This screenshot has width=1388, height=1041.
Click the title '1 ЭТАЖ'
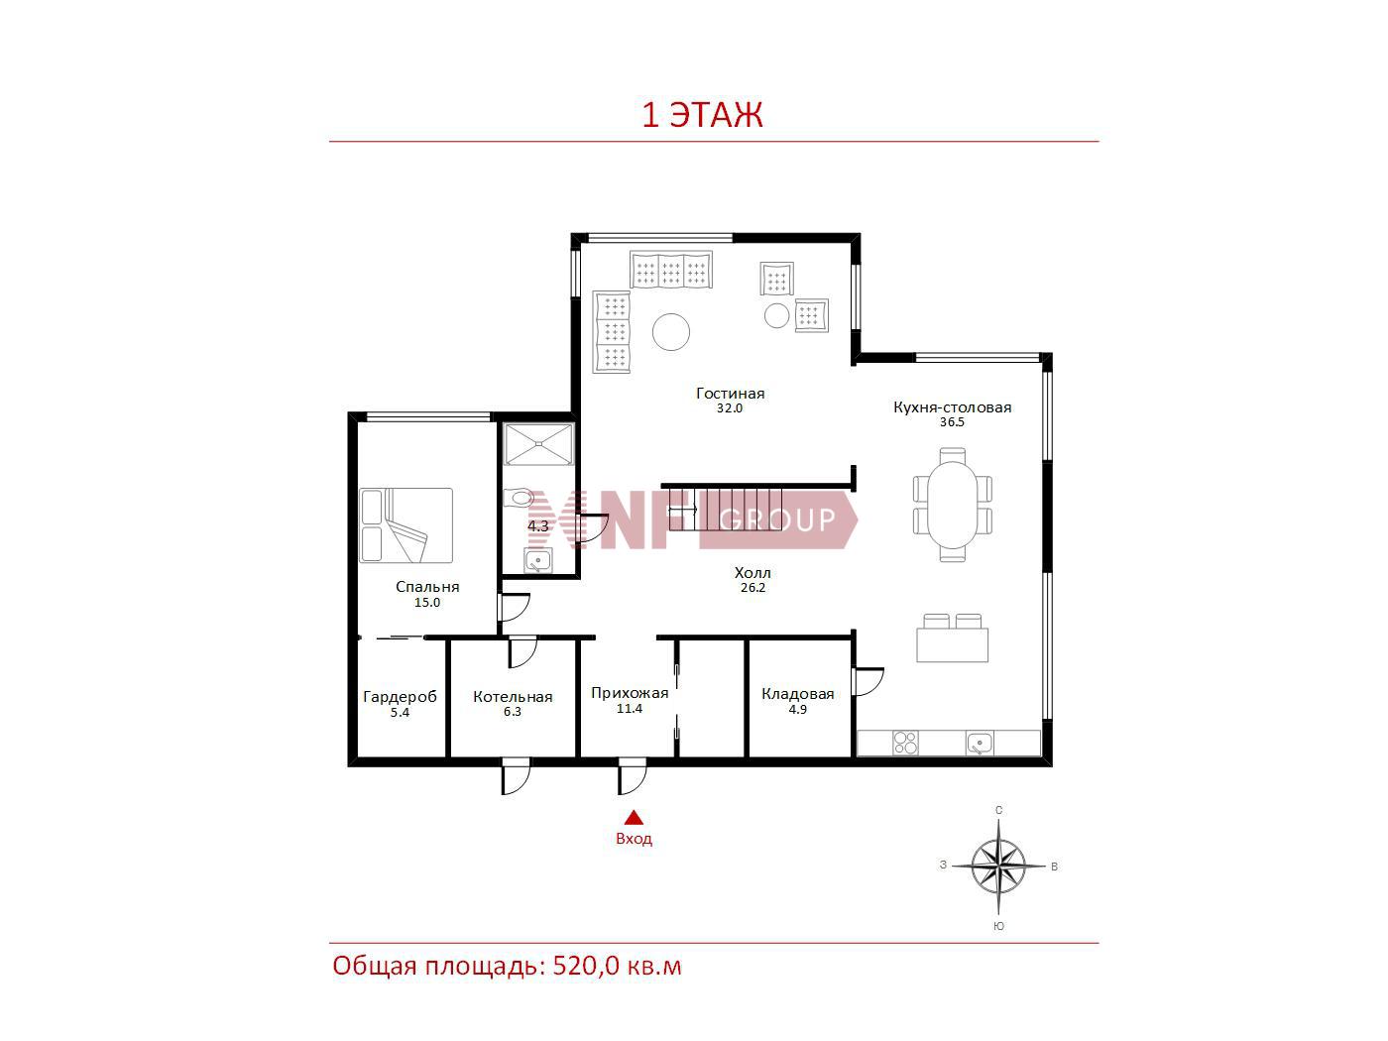point(702,114)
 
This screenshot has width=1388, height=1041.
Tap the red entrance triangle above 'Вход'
point(634,818)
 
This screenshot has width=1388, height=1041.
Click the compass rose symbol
point(998,866)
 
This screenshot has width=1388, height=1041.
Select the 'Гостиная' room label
point(730,394)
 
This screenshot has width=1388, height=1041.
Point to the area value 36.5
point(952,422)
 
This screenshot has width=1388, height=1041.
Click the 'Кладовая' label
point(797,694)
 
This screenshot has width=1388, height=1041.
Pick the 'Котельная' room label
point(513,697)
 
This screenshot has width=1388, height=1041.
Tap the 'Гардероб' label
point(400,697)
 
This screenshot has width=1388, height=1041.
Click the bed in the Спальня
point(405,525)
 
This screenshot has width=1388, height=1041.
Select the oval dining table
point(953,505)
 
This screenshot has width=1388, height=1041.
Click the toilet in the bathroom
point(519,498)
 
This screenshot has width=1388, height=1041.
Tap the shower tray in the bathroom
point(538,444)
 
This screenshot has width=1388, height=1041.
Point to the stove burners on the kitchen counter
point(905,744)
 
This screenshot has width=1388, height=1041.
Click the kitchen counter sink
point(979,744)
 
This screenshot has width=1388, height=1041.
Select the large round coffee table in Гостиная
point(671,332)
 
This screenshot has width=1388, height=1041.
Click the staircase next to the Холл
point(726,509)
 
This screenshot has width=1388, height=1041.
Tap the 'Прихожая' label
point(630,693)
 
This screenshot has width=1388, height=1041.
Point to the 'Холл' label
point(752,573)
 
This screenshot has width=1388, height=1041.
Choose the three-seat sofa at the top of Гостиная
point(671,270)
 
